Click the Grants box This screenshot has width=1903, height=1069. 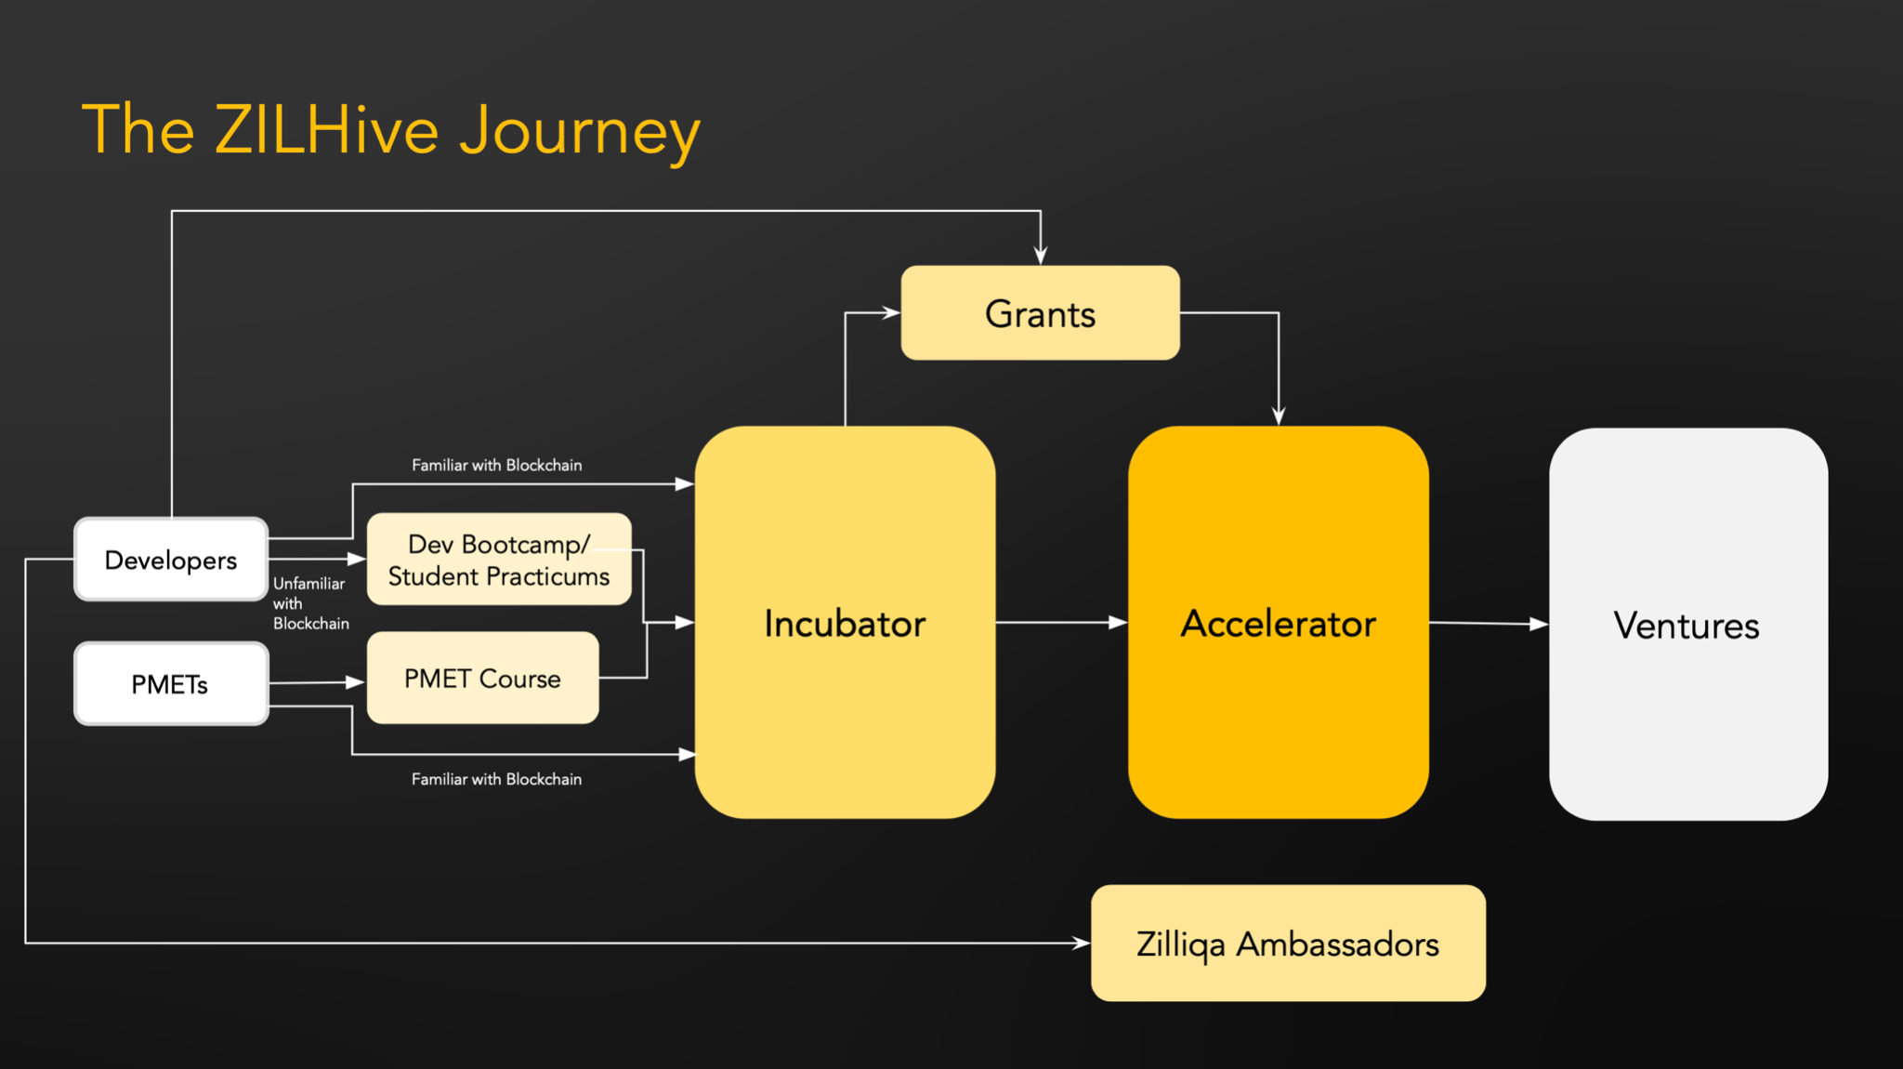(x=1040, y=313)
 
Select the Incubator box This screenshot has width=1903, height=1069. (x=845, y=623)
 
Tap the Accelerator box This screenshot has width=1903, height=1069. (x=1278, y=623)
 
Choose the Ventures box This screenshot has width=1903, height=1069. (x=1687, y=625)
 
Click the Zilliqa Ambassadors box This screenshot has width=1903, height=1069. (x=1288, y=944)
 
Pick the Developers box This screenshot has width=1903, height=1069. (x=171, y=560)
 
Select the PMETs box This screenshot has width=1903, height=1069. (x=171, y=684)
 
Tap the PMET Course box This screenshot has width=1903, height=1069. (x=482, y=679)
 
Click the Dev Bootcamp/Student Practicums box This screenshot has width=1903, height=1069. (x=499, y=560)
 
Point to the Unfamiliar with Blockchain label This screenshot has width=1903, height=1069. (x=310, y=603)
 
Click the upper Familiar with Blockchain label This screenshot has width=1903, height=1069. (x=497, y=465)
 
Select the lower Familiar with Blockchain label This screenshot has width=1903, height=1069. (x=497, y=779)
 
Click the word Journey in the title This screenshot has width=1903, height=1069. (x=580, y=132)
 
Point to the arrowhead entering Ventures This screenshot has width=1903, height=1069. (x=1539, y=624)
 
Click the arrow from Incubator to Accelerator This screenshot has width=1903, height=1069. (x=1059, y=622)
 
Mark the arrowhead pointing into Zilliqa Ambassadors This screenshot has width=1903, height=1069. (x=1081, y=943)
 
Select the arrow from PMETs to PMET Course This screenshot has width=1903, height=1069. (x=316, y=682)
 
